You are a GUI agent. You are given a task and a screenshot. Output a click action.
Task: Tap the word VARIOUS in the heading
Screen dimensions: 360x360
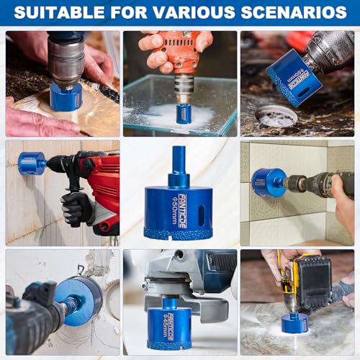(x=207, y=13)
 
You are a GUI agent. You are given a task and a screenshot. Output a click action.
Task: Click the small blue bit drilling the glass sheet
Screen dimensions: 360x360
(x=184, y=113)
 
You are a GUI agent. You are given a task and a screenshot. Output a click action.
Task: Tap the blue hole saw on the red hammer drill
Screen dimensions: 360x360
(x=32, y=163)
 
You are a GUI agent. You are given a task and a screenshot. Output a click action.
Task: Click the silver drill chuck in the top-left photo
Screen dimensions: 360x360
(x=66, y=61)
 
